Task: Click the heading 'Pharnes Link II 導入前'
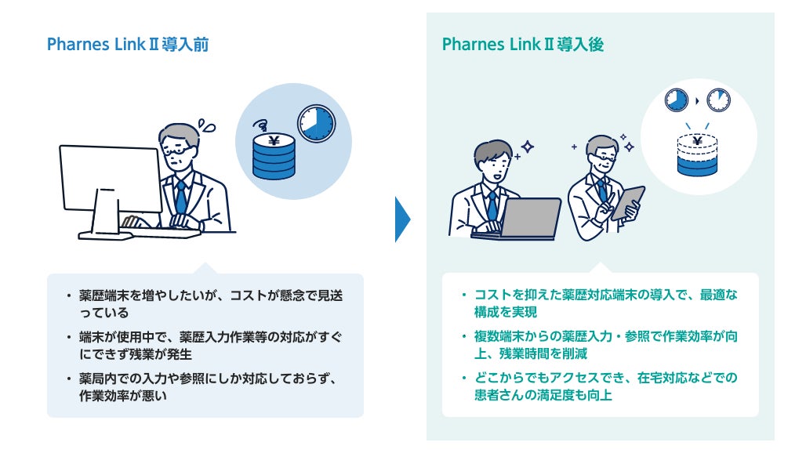pyautogui.click(x=128, y=45)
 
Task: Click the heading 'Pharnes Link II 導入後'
pyautogui.click(x=523, y=45)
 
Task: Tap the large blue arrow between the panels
pyautogui.click(x=402, y=219)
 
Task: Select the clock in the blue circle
pyautogui.click(x=315, y=124)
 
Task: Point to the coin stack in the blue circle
pyautogui.click(x=274, y=154)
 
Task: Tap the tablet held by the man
pyautogui.click(x=628, y=201)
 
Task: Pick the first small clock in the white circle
pyautogui.click(x=675, y=100)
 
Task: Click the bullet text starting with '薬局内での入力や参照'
pyautogui.click(x=207, y=387)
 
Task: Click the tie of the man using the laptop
pyautogui.click(x=492, y=205)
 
